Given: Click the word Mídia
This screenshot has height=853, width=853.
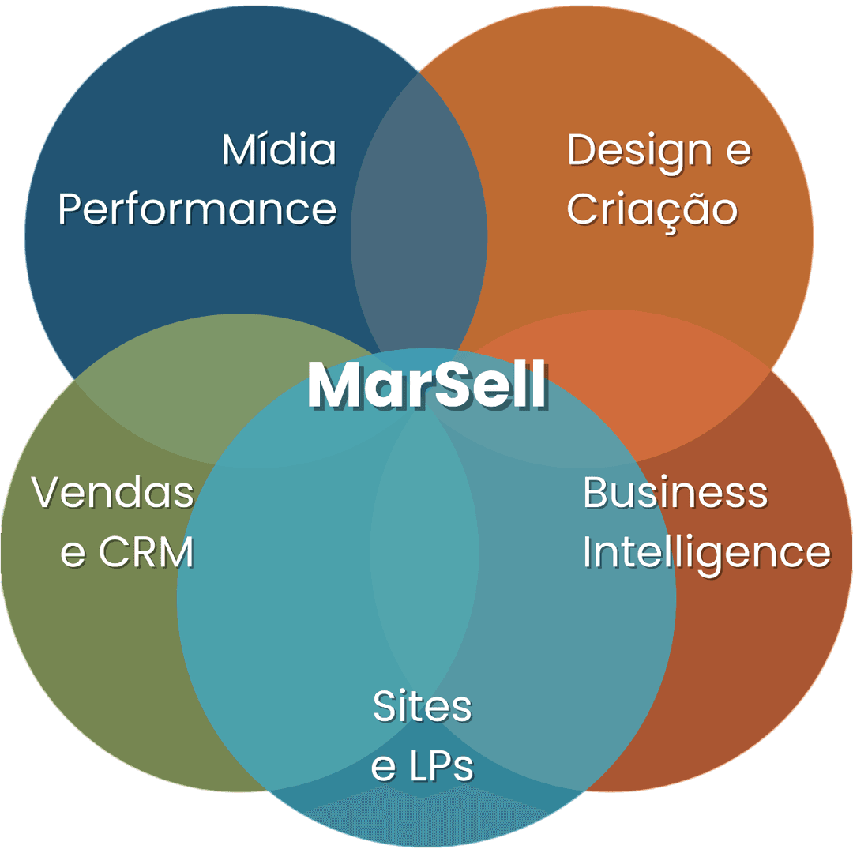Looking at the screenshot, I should [x=279, y=150].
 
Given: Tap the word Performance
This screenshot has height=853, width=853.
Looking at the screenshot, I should [x=197, y=209].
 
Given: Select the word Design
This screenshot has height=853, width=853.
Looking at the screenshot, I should [x=638, y=150].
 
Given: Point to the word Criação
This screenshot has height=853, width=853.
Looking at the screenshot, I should [x=652, y=209].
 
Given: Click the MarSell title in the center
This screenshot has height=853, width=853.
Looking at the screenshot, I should [x=426, y=385].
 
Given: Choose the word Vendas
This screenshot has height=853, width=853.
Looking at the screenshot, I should [x=113, y=493].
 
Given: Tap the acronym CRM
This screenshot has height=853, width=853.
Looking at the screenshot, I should [x=146, y=553].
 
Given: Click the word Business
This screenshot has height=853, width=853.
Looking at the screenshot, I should [x=675, y=493].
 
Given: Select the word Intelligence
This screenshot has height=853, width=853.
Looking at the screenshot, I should [x=706, y=553].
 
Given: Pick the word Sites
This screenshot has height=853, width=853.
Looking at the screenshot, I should [x=423, y=706].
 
